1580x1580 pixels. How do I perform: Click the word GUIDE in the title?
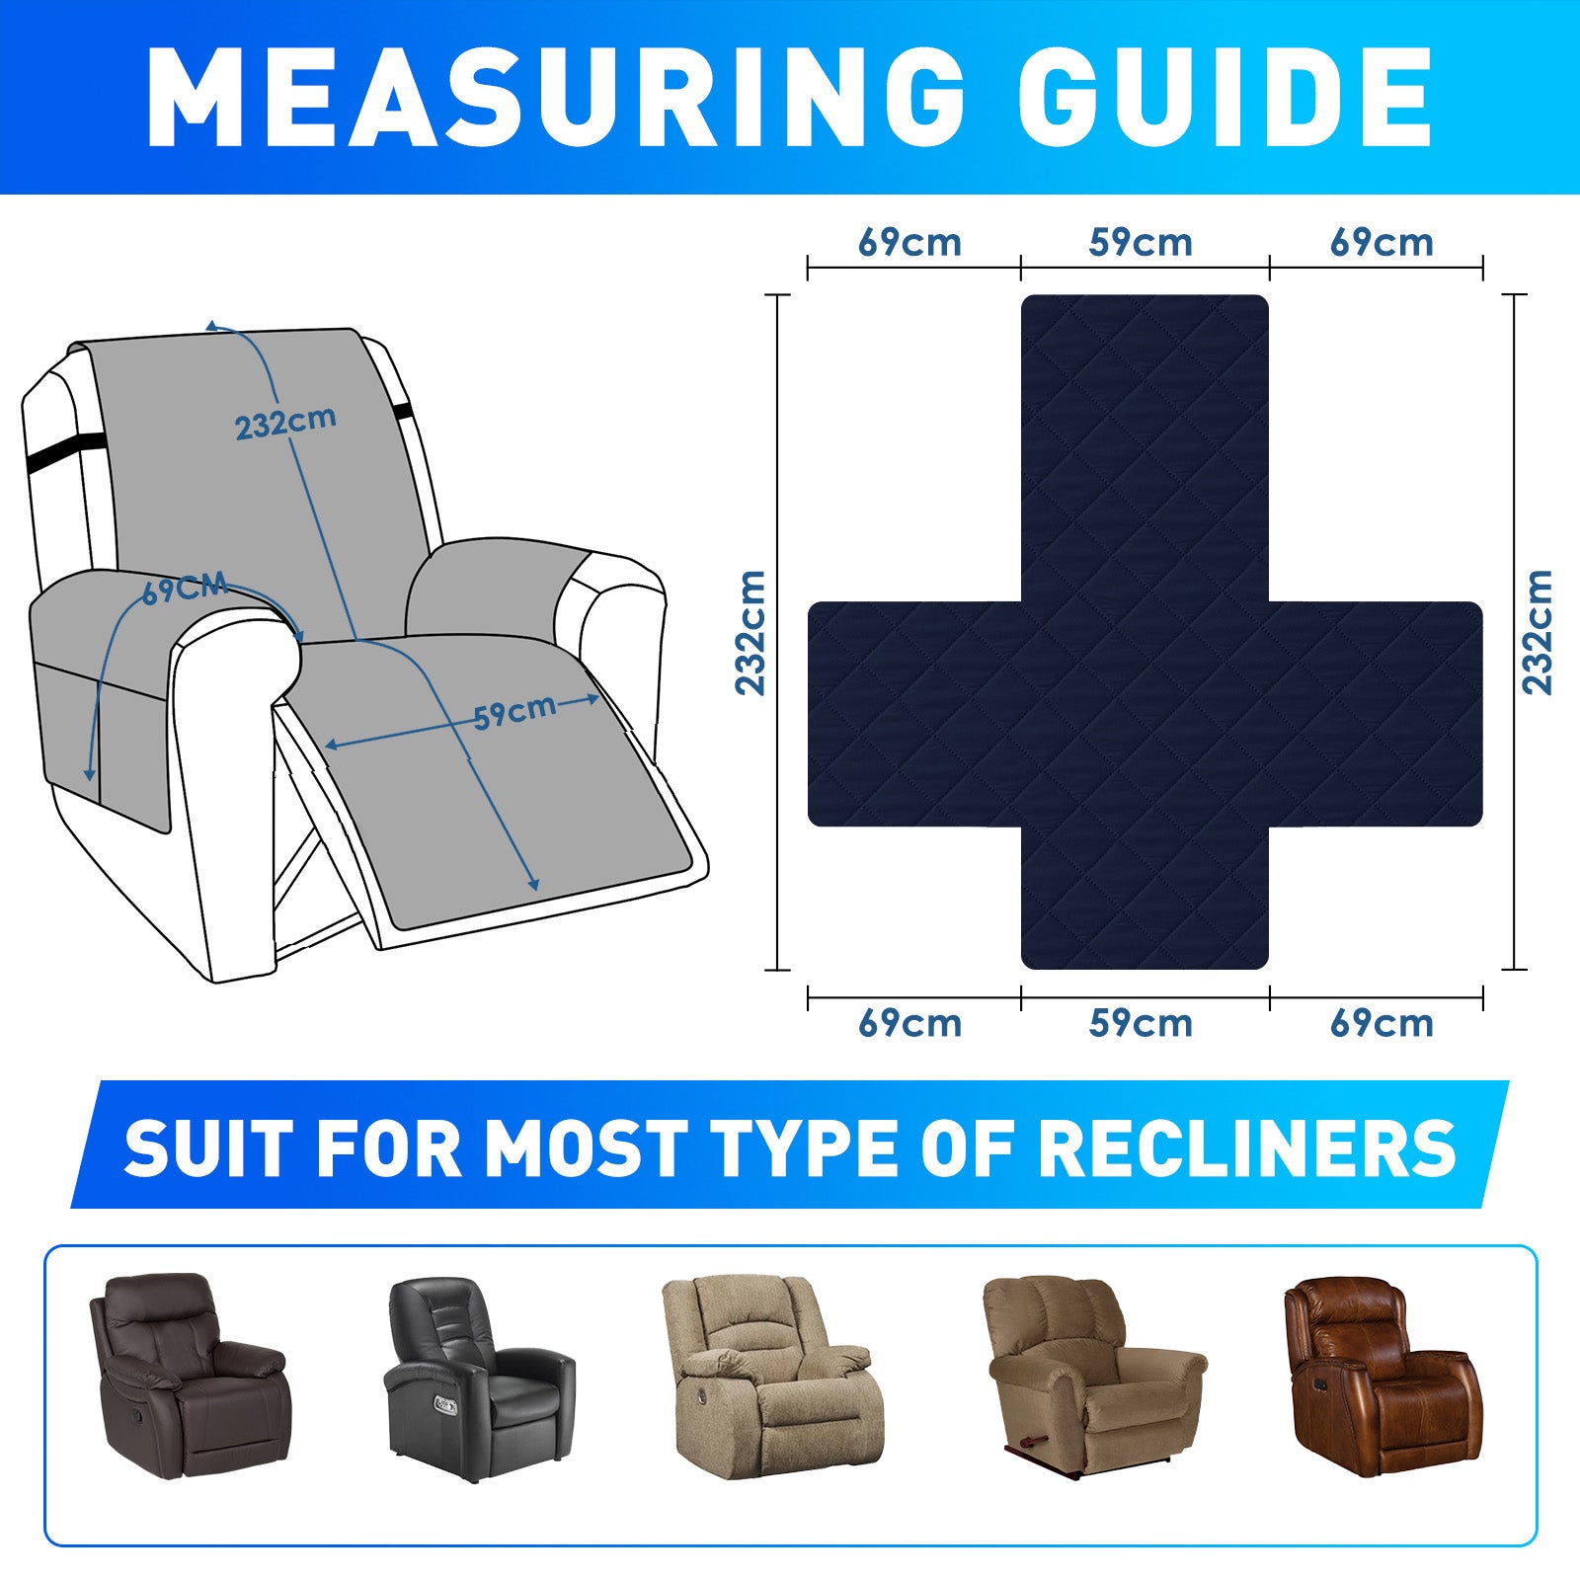pos(1224,97)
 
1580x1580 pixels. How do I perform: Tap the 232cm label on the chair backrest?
pos(285,423)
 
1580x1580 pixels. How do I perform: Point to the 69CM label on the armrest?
pos(185,590)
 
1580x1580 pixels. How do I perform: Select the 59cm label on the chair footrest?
pos(513,712)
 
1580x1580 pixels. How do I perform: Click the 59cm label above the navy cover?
pos(1141,243)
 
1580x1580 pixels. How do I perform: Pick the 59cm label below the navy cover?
pos(1141,1023)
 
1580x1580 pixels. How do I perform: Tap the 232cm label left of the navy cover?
pos(750,632)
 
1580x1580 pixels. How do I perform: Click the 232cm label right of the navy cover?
pos(1538,632)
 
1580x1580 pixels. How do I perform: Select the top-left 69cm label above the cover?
pos(909,243)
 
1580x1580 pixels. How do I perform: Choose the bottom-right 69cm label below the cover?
pos(1382,1023)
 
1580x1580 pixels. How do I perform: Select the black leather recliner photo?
pos(479,1379)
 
